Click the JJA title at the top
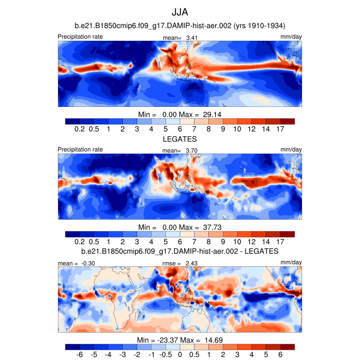pos(180,13)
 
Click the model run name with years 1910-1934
pos(180,26)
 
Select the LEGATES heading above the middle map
pos(180,139)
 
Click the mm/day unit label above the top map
pos(291,37)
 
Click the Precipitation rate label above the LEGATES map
pos(80,149)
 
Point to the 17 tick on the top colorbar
pos(280,129)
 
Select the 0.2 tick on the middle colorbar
pos(80,242)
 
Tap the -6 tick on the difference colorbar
pos(80,355)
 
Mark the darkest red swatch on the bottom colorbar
pos(287,347)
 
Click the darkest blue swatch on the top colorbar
pos(72,121)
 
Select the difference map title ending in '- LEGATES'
pos(180,251)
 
